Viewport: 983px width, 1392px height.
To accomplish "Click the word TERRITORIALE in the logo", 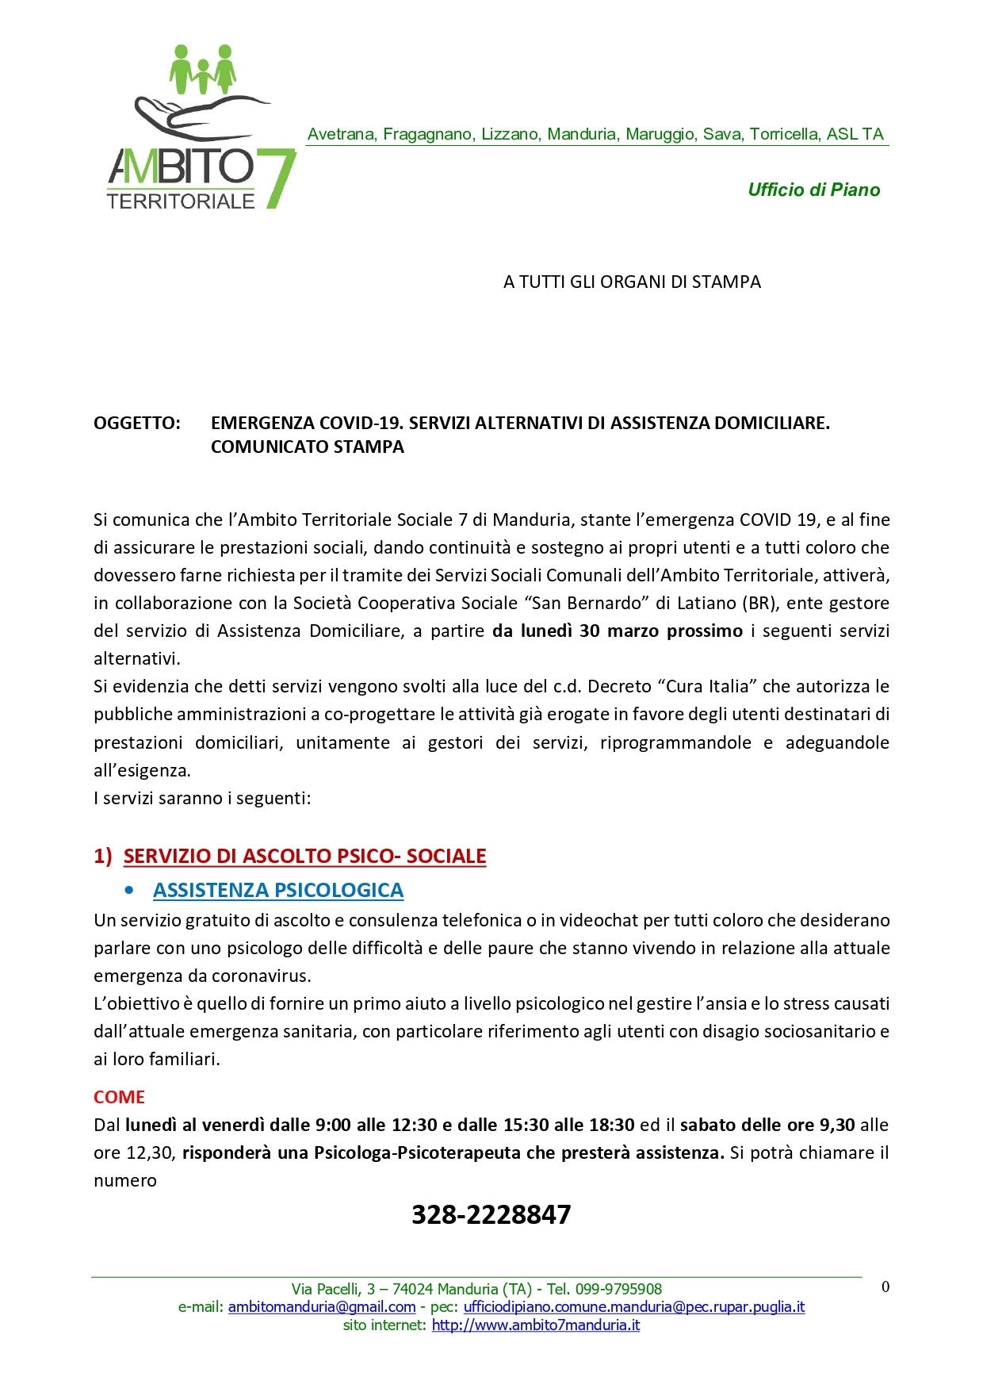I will [x=181, y=201].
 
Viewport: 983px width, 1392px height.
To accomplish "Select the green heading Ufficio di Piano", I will [x=813, y=190].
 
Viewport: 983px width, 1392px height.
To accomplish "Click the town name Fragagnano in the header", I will [x=428, y=134].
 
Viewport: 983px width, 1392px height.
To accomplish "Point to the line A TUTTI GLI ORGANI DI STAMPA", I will [x=632, y=282].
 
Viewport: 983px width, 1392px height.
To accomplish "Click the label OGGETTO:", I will [x=137, y=423].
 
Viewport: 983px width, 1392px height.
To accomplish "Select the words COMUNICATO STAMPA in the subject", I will [x=308, y=447].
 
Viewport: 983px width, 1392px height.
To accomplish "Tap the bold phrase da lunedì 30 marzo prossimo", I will [x=618, y=631].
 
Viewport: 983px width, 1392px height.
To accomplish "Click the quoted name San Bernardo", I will [x=587, y=603].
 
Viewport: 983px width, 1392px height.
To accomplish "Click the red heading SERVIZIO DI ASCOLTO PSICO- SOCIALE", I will [x=304, y=856].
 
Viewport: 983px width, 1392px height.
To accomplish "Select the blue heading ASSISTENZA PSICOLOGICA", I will [x=278, y=890].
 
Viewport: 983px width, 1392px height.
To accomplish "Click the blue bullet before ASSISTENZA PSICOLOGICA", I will [x=129, y=891].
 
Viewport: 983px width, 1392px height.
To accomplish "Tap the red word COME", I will [x=120, y=1097].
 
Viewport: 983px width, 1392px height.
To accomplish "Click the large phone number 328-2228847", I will [x=491, y=1214].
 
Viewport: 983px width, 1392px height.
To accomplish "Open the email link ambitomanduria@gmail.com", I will [x=322, y=1306].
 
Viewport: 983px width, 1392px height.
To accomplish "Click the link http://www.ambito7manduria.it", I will [x=536, y=1325].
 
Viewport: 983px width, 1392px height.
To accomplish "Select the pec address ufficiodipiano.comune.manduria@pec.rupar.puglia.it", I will [x=634, y=1306].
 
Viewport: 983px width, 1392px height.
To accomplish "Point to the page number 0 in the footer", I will [x=885, y=1287].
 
